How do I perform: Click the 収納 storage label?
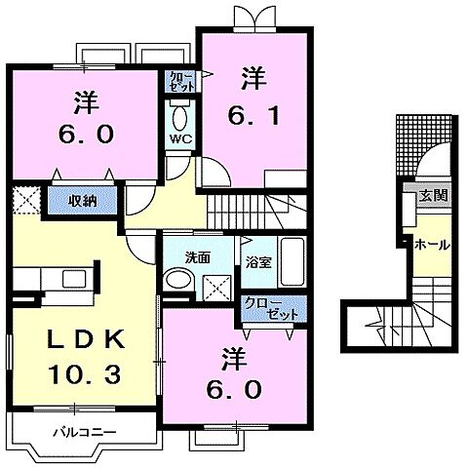[82, 202]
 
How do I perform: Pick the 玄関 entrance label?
[433, 196]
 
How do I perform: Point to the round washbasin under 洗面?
[177, 281]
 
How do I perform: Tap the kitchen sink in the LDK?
[74, 280]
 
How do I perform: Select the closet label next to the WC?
[181, 80]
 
